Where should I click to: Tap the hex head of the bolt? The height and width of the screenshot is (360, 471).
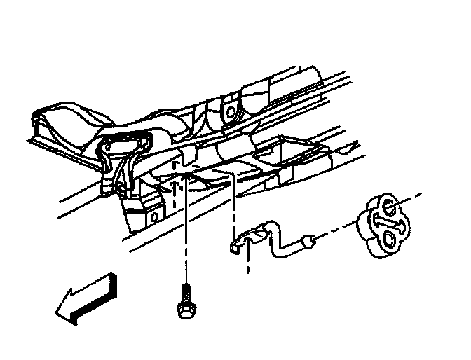click(x=184, y=307)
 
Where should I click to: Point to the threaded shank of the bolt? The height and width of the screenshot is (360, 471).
click(x=185, y=291)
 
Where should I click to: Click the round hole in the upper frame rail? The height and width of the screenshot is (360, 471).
click(x=228, y=111)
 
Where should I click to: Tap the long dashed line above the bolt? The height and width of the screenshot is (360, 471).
click(x=185, y=231)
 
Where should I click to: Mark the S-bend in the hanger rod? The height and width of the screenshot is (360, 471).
click(x=280, y=238)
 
